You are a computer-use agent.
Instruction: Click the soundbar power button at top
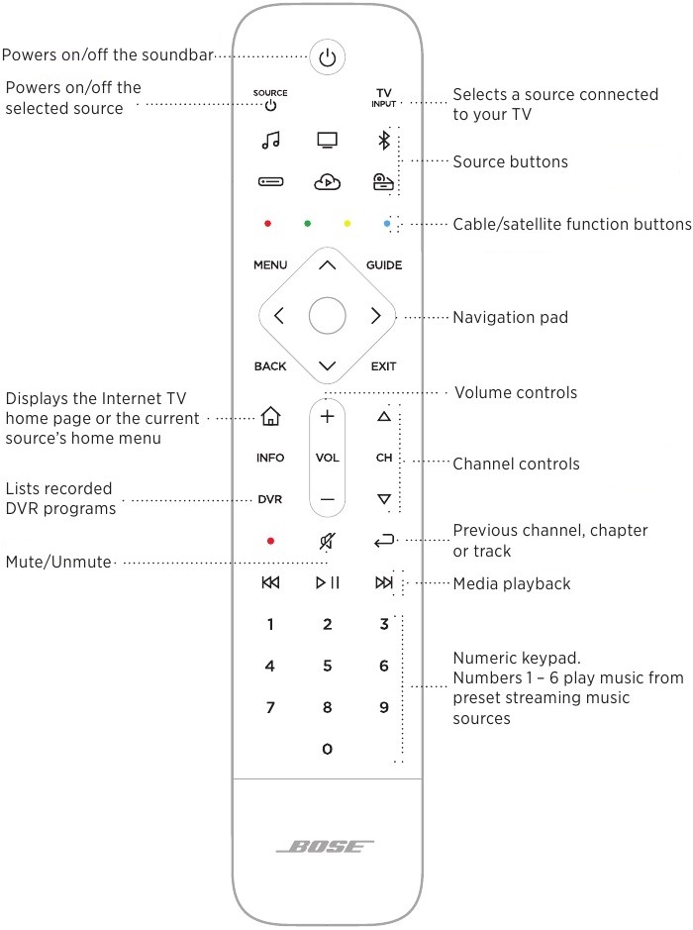click(327, 57)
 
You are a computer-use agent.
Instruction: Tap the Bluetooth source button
click(384, 141)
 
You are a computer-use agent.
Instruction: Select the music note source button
click(270, 141)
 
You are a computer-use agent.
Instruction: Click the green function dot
click(308, 224)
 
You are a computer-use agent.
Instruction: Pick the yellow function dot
click(346, 224)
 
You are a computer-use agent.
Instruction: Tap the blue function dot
click(387, 224)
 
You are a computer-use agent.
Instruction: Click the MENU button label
click(270, 265)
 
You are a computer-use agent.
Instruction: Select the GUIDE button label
click(384, 265)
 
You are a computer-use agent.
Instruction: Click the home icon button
click(270, 418)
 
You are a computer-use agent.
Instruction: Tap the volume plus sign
click(327, 417)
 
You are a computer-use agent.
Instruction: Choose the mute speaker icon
click(327, 541)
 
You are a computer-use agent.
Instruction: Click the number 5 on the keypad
click(327, 667)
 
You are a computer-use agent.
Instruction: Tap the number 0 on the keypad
click(327, 750)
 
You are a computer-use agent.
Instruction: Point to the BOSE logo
click(327, 848)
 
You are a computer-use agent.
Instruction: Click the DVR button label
click(270, 500)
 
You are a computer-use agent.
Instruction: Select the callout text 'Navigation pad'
click(510, 318)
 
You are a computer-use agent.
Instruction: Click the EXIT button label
click(384, 366)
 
